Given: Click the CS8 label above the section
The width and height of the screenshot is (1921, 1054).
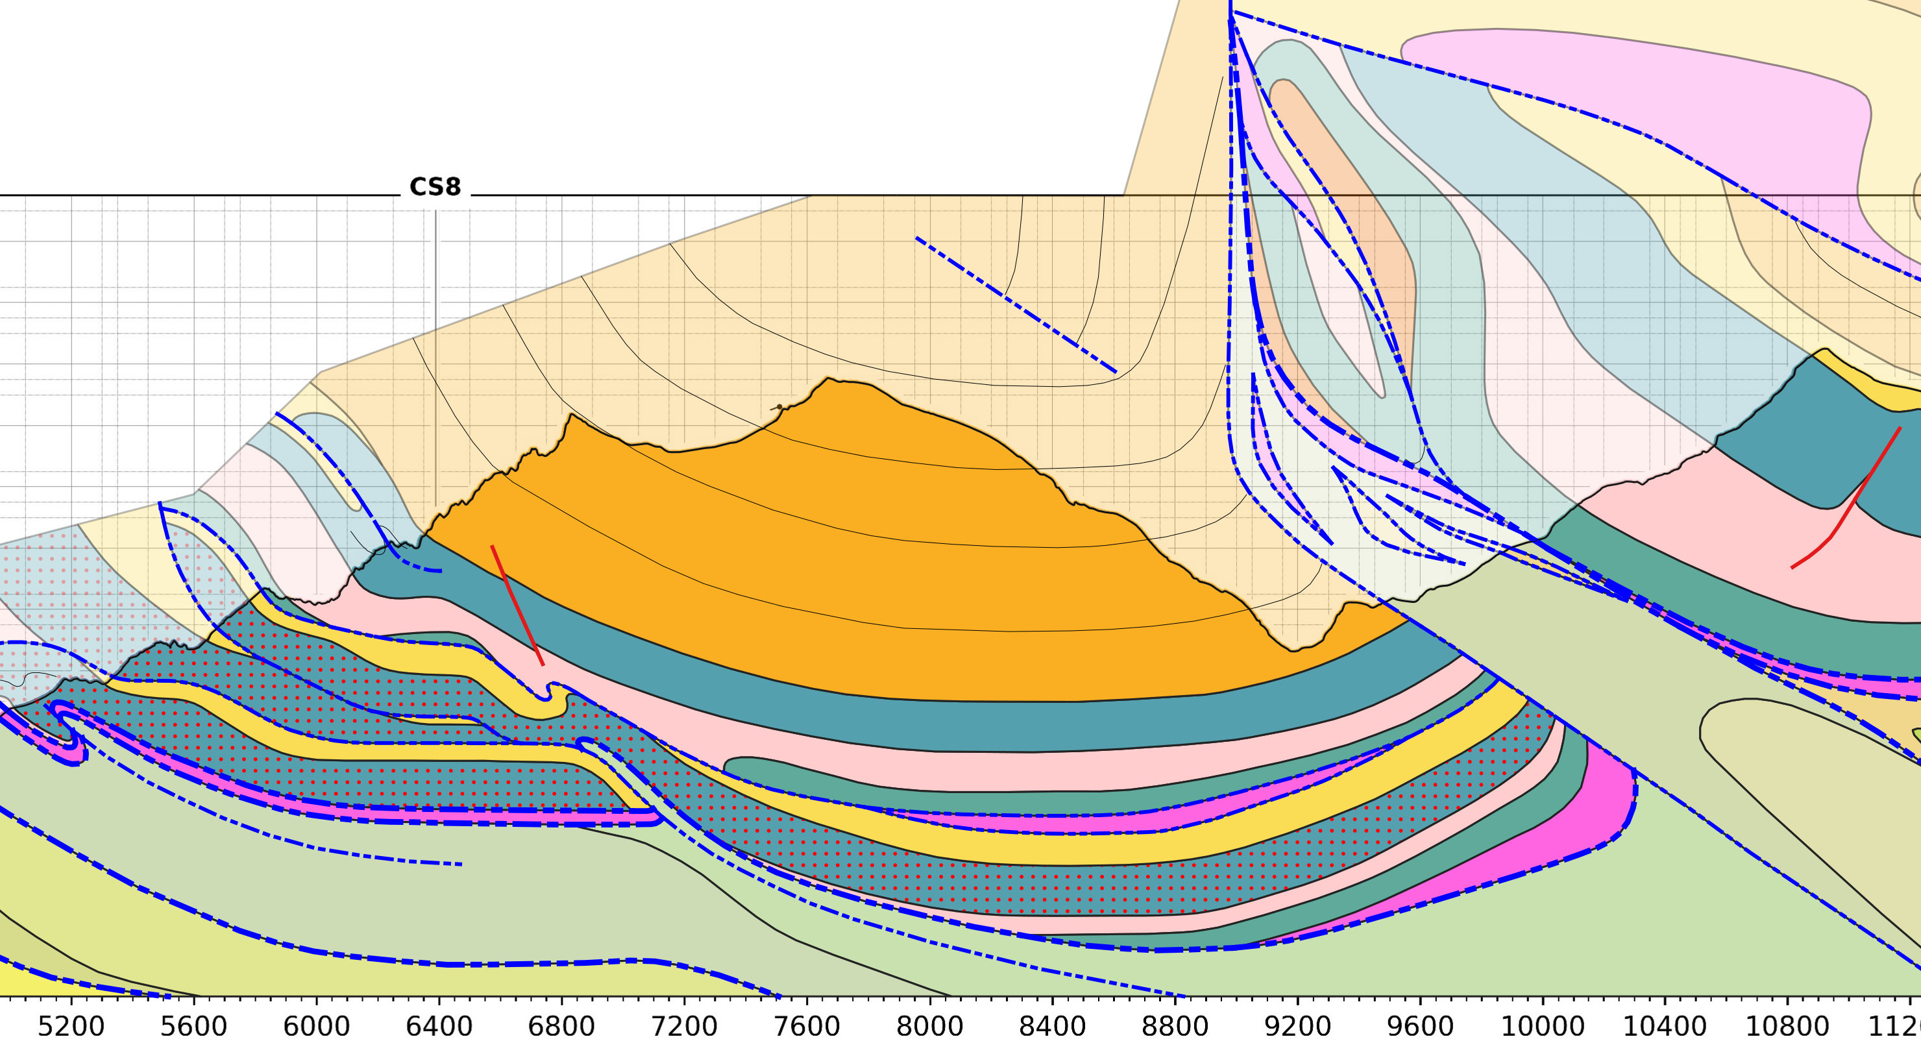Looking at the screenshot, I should pos(435,187).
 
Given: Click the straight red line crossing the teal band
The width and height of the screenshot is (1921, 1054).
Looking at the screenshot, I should pos(517,604).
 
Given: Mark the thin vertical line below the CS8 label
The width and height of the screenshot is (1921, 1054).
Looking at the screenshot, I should pos(436,358).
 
